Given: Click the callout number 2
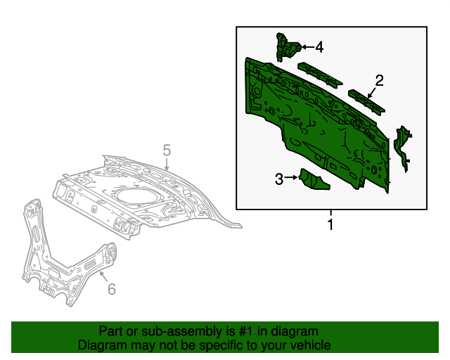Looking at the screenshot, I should [379, 80].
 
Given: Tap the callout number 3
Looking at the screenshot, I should [279, 179].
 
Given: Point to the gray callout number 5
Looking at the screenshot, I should [167, 150].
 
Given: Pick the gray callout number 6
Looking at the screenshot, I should [110, 289].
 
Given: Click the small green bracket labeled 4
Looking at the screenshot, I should [286, 46].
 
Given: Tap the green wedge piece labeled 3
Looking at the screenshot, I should [314, 181].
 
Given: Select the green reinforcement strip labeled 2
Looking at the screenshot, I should [367, 101].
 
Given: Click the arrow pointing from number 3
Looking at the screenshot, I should [291, 179].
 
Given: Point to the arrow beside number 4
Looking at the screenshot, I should [307, 47].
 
